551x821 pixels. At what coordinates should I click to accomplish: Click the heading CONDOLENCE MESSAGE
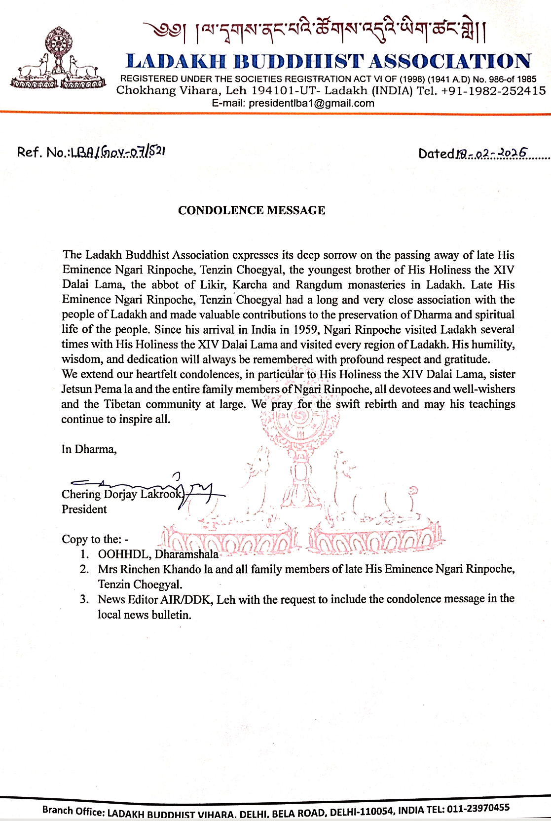252,210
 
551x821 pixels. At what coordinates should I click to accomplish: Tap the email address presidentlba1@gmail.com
311,103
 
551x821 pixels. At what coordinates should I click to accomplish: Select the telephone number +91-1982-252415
493,91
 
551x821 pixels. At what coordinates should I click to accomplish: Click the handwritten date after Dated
491,154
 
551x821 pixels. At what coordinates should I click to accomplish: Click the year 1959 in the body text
305,329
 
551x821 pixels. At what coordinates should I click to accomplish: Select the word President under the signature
84,509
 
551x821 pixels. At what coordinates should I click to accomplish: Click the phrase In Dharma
89,449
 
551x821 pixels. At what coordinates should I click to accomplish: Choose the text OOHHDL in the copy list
123,554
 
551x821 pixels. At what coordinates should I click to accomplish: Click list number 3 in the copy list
84,599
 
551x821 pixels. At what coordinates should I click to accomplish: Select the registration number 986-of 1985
513,79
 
